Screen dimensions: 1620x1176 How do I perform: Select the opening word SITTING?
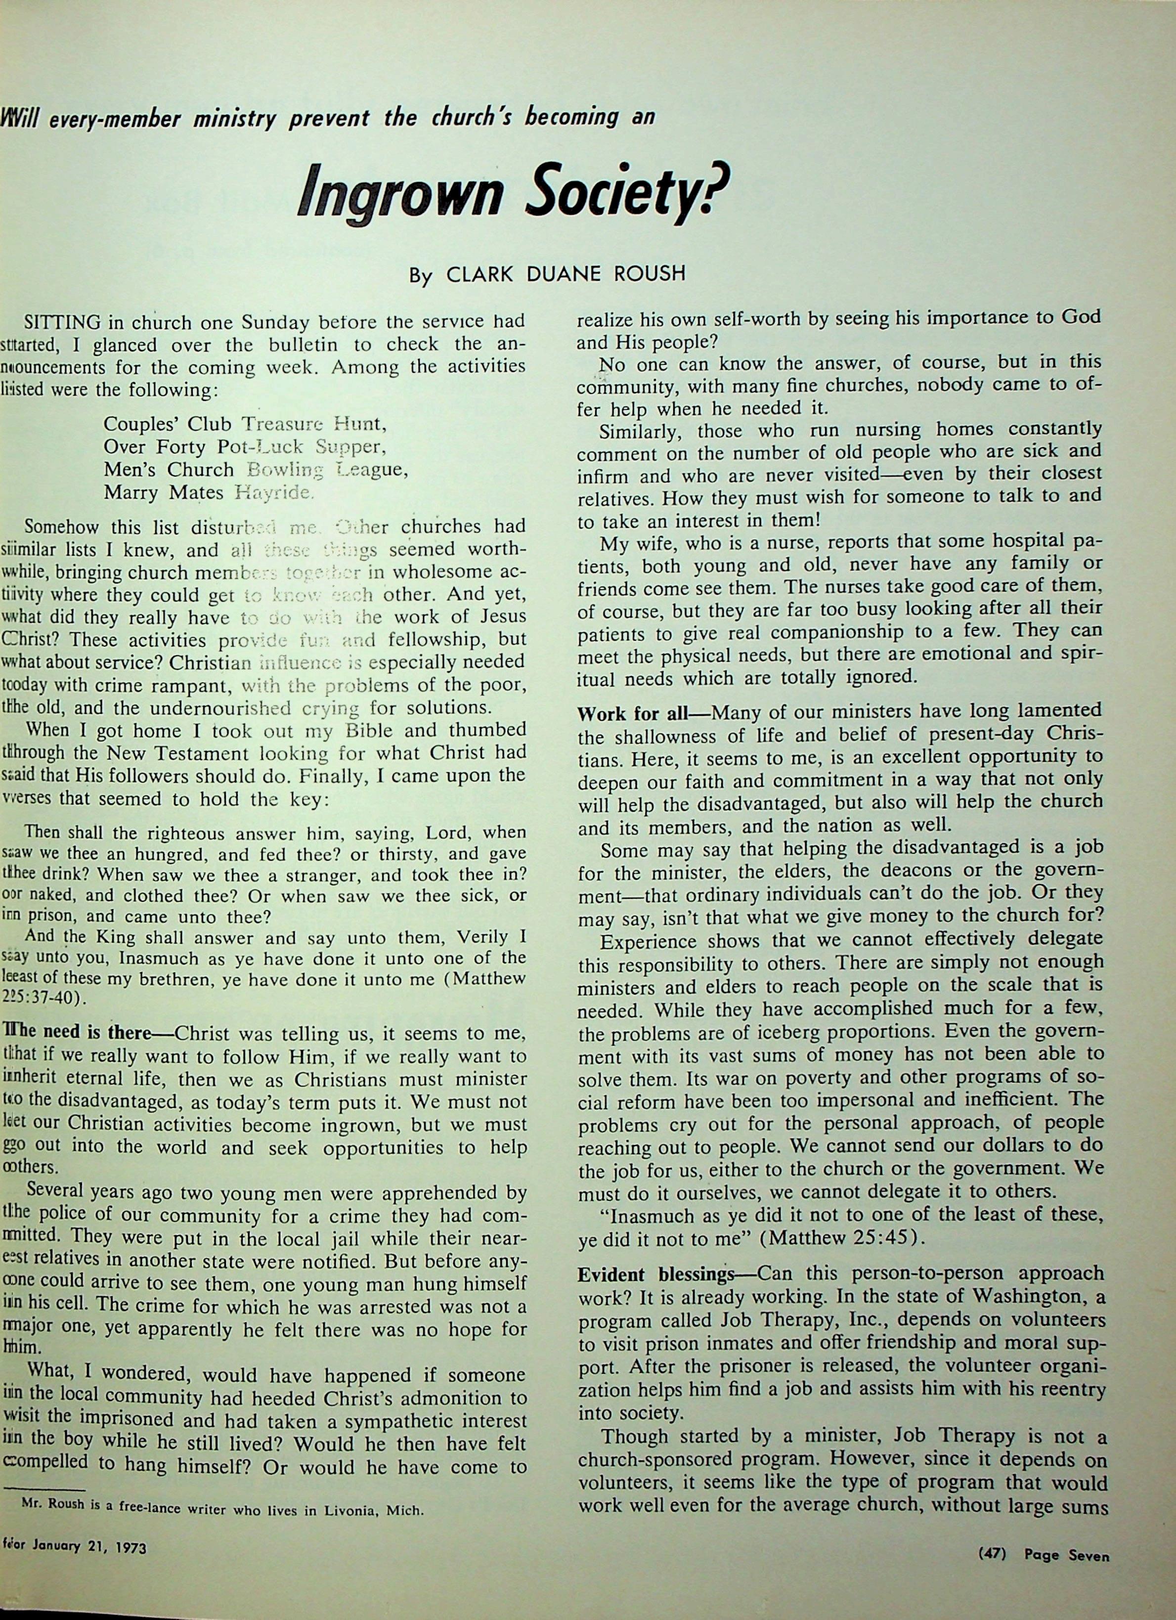coord(69,320)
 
